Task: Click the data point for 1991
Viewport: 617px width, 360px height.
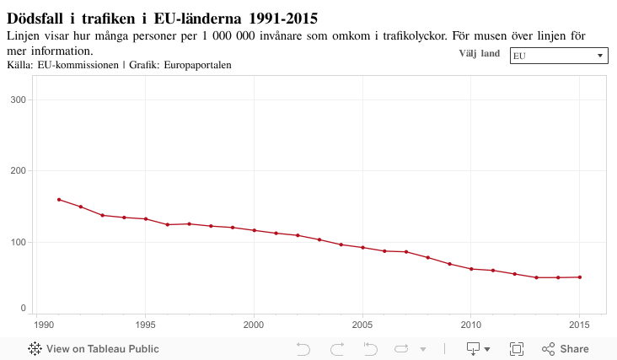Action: coord(59,200)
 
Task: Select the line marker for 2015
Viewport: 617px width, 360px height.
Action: coord(580,277)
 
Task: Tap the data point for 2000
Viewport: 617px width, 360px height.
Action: coord(255,230)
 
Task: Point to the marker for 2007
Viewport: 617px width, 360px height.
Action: coord(406,252)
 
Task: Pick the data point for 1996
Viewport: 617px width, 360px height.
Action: coord(168,225)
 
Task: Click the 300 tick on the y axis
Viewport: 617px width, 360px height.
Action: coord(18,99)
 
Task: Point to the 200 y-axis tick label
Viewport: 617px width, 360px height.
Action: coord(18,171)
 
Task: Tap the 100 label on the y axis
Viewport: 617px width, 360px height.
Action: coord(18,243)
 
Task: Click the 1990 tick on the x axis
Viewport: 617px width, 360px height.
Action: coord(37,324)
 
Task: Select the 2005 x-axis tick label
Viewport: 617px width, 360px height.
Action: coord(363,324)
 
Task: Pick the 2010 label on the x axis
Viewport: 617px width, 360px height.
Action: coord(471,324)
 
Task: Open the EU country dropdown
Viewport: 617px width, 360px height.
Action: coord(559,56)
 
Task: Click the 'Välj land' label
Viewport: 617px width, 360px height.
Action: coord(480,54)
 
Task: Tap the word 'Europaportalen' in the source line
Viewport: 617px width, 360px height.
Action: coord(197,65)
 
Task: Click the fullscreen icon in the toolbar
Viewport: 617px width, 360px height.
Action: coord(517,349)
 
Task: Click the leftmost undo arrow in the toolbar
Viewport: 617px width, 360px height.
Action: coord(303,349)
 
